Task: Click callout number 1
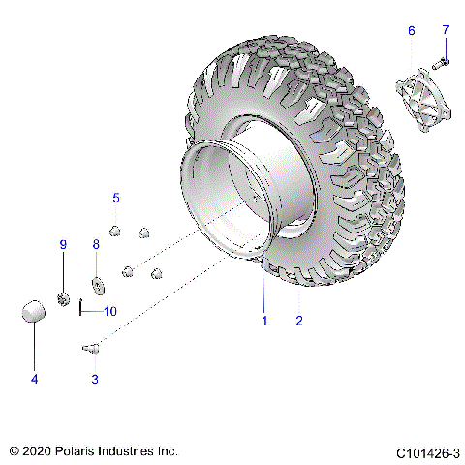pyautogui.click(x=262, y=319)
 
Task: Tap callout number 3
pyautogui.click(x=95, y=379)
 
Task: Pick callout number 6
pyautogui.click(x=411, y=31)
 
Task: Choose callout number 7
pyautogui.click(x=446, y=30)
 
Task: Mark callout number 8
pyautogui.click(x=96, y=245)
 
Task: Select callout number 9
pyautogui.click(x=63, y=245)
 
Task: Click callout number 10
pyautogui.click(x=109, y=311)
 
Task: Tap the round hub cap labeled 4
pyautogui.click(x=34, y=312)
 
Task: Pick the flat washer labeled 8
pyautogui.click(x=98, y=286)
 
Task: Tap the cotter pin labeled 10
pyautogui.click(x=82, y=310)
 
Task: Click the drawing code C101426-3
pyautogui.click(x=426, y=452)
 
